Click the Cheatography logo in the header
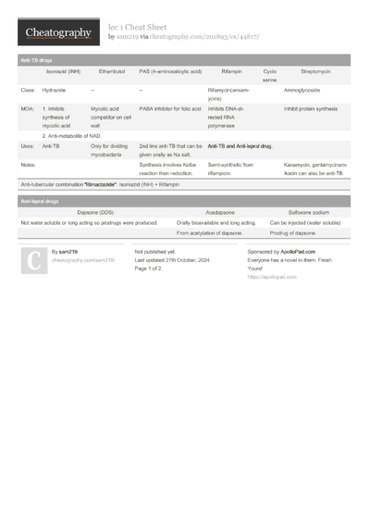coord(57,33)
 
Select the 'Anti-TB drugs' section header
coord(38,59)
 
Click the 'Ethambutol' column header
coord(111,70)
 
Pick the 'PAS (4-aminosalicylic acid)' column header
coord(169,70)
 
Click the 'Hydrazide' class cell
coord(54,90)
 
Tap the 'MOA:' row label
coord(28,108)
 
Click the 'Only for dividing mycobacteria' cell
coord(110,150)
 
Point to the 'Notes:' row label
coord(29,164)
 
